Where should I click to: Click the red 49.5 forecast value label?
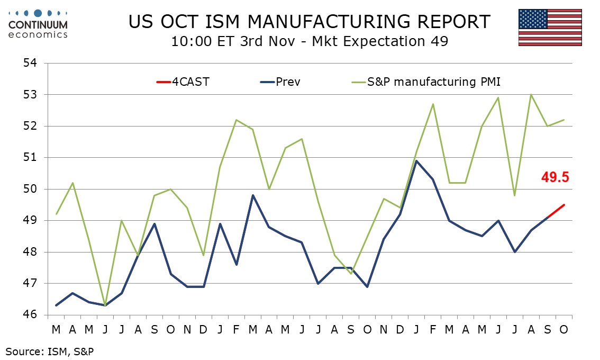coord(554,177)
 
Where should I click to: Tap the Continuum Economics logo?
coord(38,24)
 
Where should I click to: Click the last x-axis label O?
coord(563,329)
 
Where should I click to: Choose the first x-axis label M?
coord(56,329)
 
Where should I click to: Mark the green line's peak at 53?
coord(531,95)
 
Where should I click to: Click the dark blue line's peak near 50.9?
coord(416,160)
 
